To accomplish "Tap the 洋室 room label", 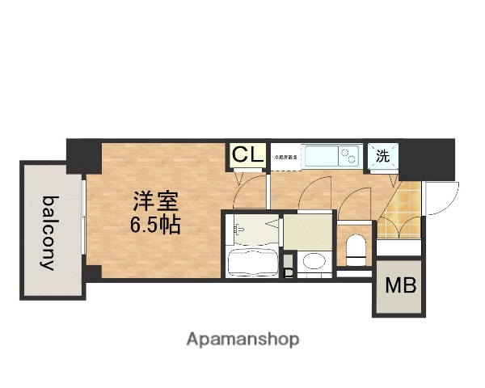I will point(155,200).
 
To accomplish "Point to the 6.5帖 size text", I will point(155,224).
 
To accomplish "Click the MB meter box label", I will point(396,285).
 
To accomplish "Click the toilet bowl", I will point(355,248).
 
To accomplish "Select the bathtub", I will point(251,262).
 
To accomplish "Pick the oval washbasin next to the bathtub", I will point(312,261).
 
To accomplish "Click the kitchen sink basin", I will point(322,155).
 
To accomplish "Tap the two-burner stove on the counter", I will point(350,155).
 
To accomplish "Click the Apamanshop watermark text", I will point(242,339).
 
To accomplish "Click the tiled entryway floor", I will point(399,212).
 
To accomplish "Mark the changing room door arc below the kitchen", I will point(313,194).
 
